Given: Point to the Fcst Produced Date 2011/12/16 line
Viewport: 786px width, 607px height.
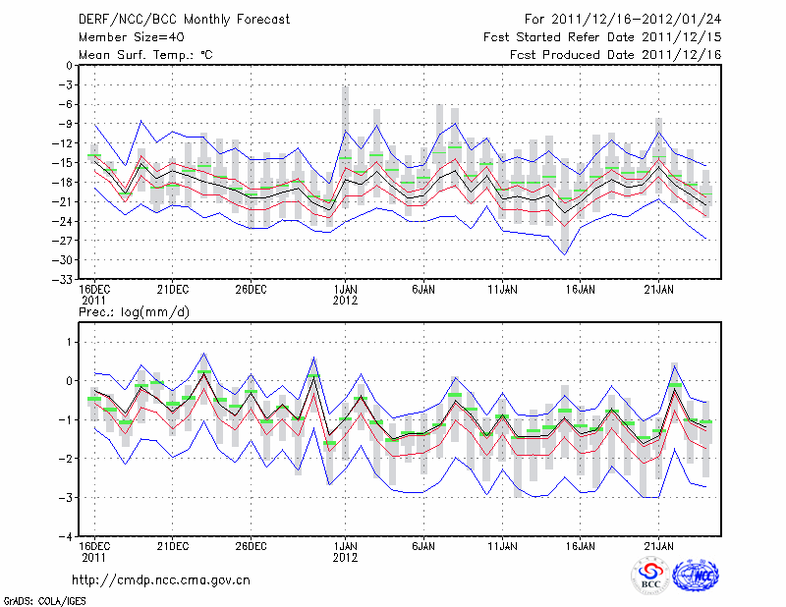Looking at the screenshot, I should (x=615, y=55).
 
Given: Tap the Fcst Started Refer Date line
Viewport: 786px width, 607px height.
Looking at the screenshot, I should (x=602, y=36).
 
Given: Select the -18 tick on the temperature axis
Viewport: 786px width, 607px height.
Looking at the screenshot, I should (x=63, y=182).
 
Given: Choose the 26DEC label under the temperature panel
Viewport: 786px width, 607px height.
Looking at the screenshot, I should (x=251, y=290).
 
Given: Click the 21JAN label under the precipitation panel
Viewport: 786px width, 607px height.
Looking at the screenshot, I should (x=659, y=547).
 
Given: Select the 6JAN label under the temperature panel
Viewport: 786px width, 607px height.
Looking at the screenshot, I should (x=423, y=290).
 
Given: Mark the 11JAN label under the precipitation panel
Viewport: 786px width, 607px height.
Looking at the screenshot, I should (x=502, y=547).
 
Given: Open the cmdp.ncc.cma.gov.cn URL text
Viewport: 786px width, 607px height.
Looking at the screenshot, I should (x=161, y=579).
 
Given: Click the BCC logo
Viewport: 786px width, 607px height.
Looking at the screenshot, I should (x=650, y=576).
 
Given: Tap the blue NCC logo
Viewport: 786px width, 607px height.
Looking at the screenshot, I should (x=695, y=576).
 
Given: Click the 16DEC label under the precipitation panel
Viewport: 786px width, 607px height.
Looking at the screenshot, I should (x=94, y=547).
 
